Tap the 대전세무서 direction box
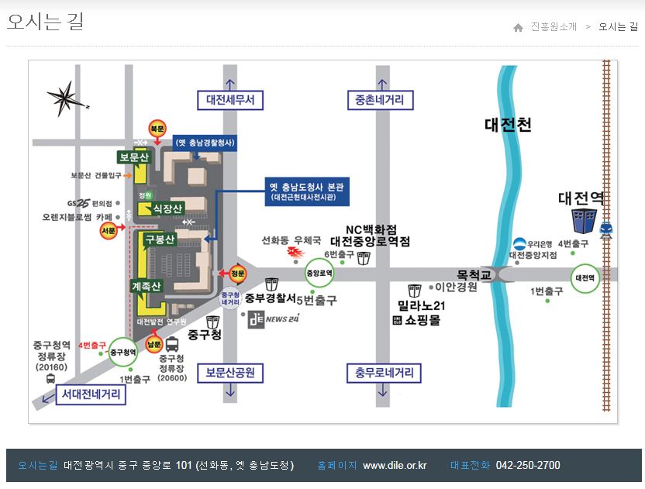[x=230, y=101]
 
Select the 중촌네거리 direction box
[x=380, y=101]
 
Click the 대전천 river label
[x=508, y=125]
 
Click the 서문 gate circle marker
[x=109, y=230]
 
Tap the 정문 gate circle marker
[x=239, y=273]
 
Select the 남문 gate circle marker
[x=154, y=343]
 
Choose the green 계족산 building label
[x=147, y=286]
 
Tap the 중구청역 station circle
[x=122, y=353]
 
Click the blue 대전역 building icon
[x=584, y=221]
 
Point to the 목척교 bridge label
[x=474, y=274]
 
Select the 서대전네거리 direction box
[x=91, y=395]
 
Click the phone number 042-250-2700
[x=527, y=466]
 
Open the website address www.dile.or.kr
[x=395, y=466]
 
